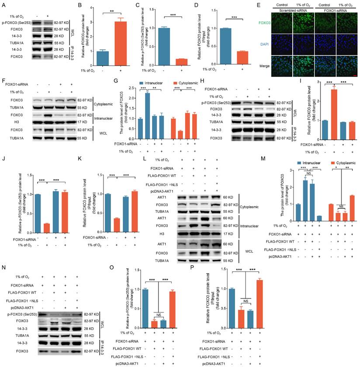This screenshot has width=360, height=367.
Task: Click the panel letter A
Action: [x=4, y=5]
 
